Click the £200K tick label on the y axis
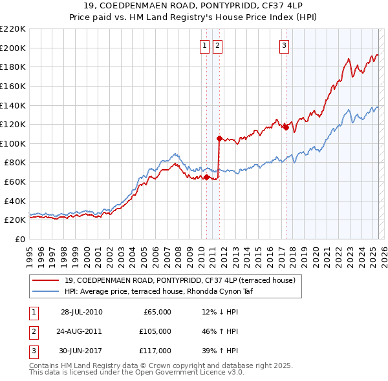pos(13,48)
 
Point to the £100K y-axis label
pos(13,143)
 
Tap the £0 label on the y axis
pos(19,239)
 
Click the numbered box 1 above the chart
pos(205,45)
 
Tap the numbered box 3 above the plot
pos(285,45)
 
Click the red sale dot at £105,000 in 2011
pos(219,138)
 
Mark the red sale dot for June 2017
pos(286,127)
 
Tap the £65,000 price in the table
pos(155,312)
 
